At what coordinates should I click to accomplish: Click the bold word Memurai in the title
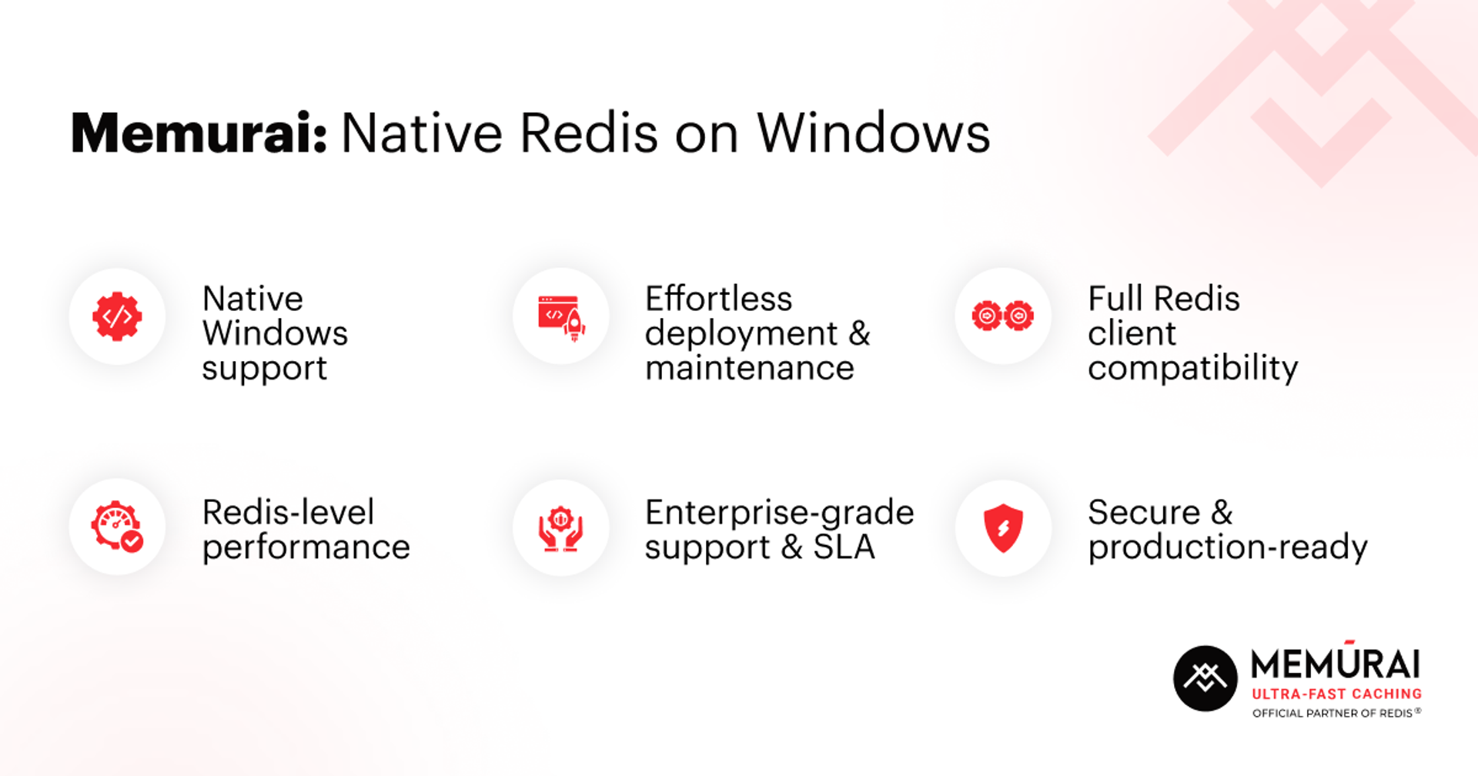pos(199,133)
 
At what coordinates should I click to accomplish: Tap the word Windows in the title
pos(873,133)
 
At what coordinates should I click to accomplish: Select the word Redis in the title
pos(589,133)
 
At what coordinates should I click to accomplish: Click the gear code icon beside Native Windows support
pos(117,316)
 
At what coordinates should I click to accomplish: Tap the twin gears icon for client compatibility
pos(1003,316)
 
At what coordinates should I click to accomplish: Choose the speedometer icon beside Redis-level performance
pos(117,527)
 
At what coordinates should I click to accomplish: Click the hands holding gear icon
pos(561,528)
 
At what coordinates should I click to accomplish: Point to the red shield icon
pos(1003,528)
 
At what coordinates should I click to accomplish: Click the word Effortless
pos(718,299)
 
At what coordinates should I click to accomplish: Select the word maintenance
pos(749,368)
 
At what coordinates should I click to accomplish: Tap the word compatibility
pos(1192,368)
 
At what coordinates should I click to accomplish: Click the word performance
pos(306,547)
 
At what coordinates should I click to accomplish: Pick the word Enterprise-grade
pos(779,513)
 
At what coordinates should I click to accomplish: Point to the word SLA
pos(844,547)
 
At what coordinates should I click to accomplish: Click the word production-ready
pos(1228,547)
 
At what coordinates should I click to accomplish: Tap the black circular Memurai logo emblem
pos(1205,678)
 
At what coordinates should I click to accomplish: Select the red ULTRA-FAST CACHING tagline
pos(1336,694)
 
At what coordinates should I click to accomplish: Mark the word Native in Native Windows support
pos(252,299)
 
